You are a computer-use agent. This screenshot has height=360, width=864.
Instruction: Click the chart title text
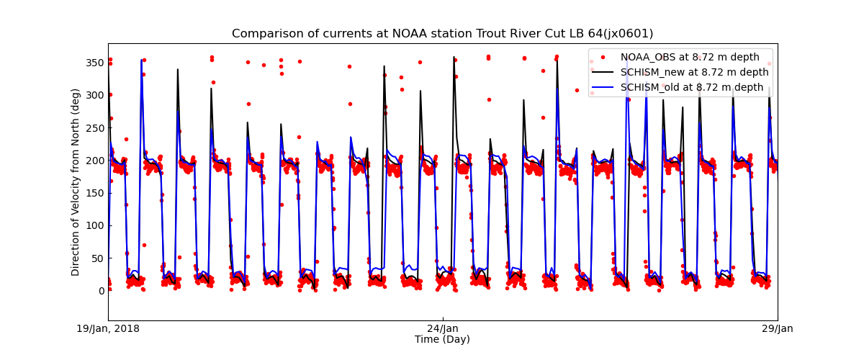[442, 34]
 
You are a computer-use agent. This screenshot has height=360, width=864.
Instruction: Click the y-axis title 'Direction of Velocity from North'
[76, 182]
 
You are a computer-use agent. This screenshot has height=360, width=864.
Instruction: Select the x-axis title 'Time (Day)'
[442, 339]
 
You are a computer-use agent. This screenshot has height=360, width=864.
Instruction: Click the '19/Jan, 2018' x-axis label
[109, 329]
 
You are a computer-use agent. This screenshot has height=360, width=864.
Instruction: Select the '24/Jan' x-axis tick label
[442, 329]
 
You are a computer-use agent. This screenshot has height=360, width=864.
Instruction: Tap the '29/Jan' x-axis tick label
[777, 329]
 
